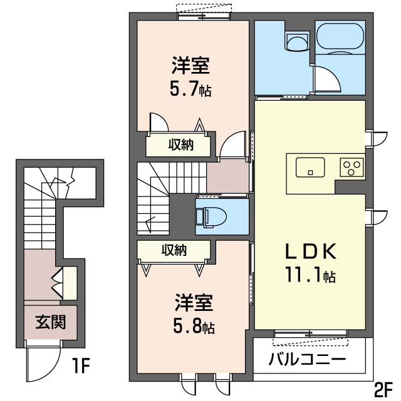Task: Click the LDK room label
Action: point(311,251)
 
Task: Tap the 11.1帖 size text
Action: point(311,275)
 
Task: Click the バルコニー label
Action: point(308,360)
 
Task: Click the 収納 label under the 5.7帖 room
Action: point(180,145)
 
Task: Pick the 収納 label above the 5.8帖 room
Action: point(175,250)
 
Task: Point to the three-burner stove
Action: point(352,167)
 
